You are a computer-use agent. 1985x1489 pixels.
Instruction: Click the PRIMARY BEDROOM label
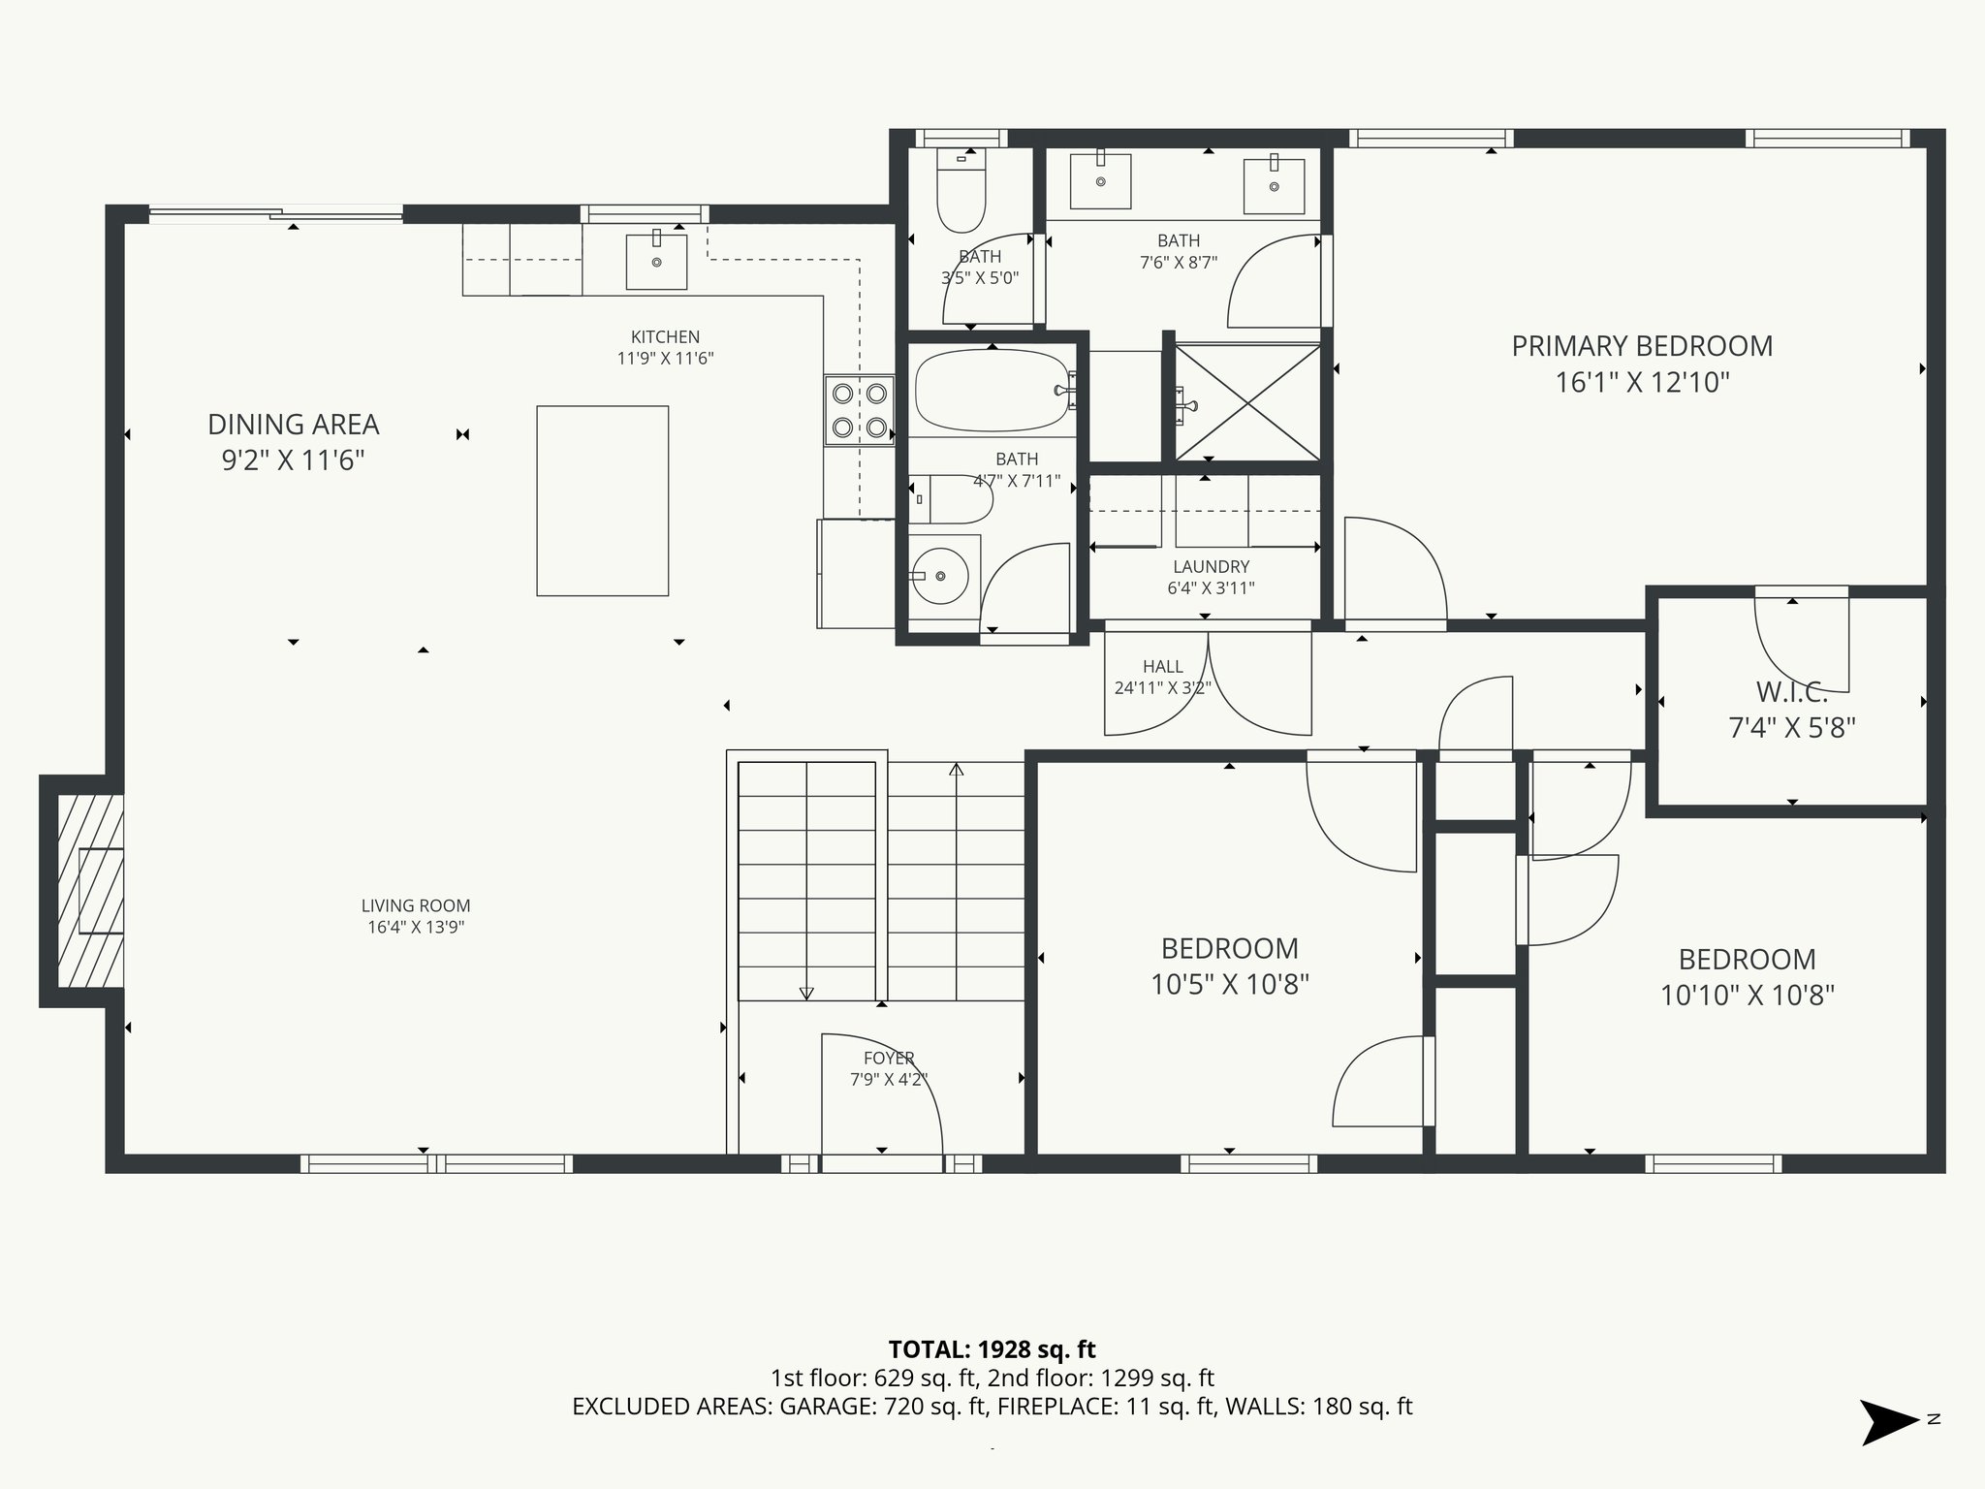(x=1642, y=346)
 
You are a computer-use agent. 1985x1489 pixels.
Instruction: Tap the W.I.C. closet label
(x=1791, y=692)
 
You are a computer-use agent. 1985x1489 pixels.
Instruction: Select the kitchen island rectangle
(x=602, y=500)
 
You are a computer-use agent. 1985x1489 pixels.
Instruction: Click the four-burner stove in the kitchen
(x=859, y=410)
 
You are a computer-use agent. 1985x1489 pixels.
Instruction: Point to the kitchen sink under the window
(x=656, y=262)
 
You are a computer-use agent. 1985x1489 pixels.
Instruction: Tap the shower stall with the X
(x=1247, y=401)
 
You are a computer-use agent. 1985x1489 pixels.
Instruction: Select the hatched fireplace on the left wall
(x=90, y=890)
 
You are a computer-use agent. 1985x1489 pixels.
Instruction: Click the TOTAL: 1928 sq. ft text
(x=992, y=1349)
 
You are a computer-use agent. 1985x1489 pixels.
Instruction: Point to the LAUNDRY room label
(x=1211, y=566)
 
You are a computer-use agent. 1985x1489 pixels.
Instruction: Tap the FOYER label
(x=889, y=1058)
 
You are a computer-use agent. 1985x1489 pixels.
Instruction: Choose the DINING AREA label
(x=293, y=425)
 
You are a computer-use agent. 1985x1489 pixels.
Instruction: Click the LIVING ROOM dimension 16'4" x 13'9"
(x=416, y=927)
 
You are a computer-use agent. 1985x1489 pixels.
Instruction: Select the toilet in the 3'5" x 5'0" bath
(x=961, y=194)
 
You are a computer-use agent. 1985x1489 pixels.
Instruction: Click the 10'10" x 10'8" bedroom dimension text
(x=1747, y=996)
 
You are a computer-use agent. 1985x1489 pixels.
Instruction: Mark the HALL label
(x=1162, y=666)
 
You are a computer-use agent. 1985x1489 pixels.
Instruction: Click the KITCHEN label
(x=665, y=336)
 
